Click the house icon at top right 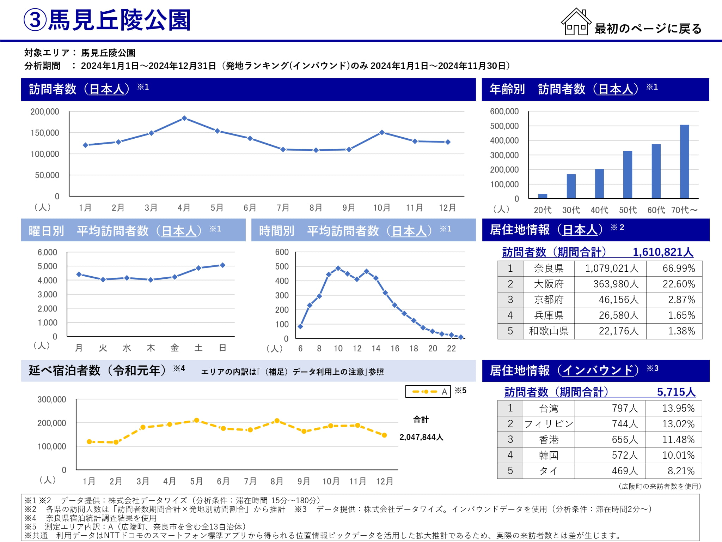[x=576, y=22]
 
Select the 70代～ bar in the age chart [x=684, y=162]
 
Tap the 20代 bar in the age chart [x=543, y=196]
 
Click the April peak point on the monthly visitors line [x=184, y=118]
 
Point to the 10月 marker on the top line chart [x=382, y=132]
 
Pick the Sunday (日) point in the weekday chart [x=222, y=265]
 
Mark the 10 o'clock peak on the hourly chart [x=338, y=268]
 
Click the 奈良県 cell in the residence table [x=549, y=269]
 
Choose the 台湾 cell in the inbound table [x=549, y=408]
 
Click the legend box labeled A [x=428, y=391]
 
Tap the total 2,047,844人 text [x=421, y=437]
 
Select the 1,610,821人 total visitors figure [x=663, y=252]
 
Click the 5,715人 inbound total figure [x=676, y=392]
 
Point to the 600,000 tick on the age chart [x=504, y=112]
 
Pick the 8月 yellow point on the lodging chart [x=277, y=421]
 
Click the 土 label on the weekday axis [x=198, y=348]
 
